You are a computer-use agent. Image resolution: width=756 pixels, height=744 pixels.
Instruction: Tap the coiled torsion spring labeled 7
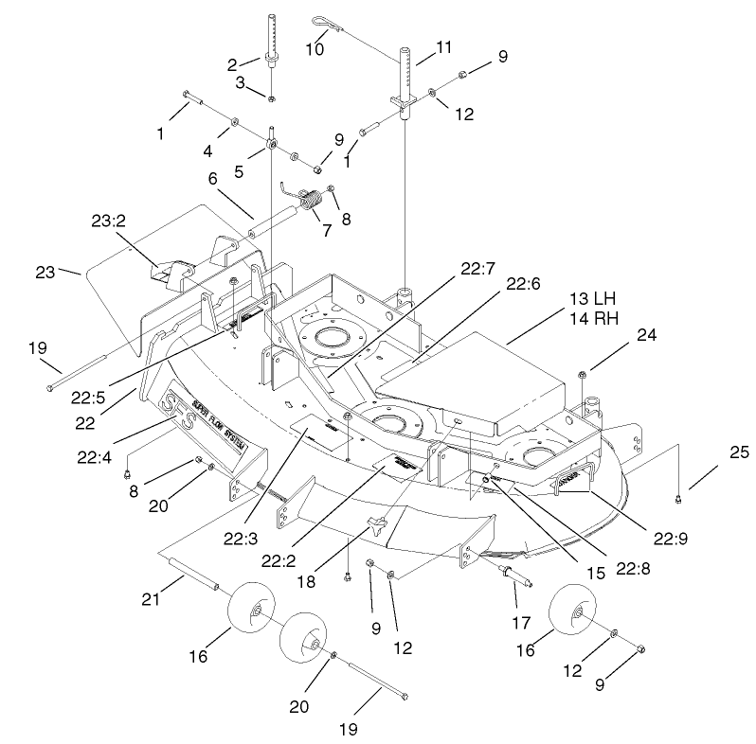coord(310,201)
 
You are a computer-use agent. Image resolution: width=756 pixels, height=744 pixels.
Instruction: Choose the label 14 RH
coord(593,319)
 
